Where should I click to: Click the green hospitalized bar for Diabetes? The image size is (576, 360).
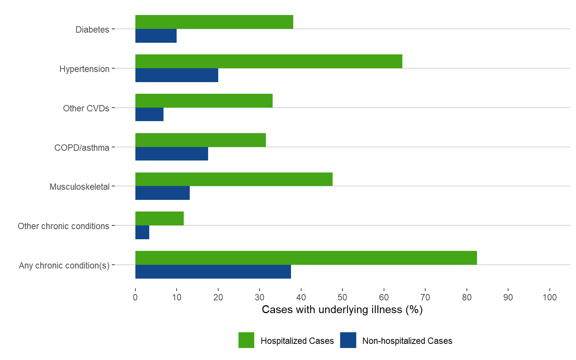(x=214, y=22)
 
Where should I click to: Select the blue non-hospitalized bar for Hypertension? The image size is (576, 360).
(x=177, y=75)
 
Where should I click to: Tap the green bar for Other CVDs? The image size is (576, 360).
(x=204, y=101)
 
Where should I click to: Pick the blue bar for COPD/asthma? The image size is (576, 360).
(x=172, y=154)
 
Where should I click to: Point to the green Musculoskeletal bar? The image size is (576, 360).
(x=234, y=179)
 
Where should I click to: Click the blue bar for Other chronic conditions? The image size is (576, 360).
(x=142, y=232)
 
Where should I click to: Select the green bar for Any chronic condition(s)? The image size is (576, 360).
(x=306, y=258)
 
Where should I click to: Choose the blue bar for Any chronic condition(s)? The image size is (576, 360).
(x=213, y=272)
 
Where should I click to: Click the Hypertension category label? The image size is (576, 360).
(x=84, y=69)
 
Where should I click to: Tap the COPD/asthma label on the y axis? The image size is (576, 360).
(x=82, y=148)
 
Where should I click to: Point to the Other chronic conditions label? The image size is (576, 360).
(x=63, y=226)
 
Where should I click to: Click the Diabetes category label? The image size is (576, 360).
(x=92, y=30)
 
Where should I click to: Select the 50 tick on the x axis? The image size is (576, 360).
(x=342, y=297)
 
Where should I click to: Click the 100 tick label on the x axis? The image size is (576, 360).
(x=549, y=297)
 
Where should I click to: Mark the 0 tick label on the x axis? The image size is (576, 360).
(x=135, y=297)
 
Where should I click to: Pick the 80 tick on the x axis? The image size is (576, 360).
(x=466, y=297)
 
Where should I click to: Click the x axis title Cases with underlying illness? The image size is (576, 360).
(x=342, y=310)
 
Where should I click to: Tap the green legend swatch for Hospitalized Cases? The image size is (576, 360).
(x=246, y=340)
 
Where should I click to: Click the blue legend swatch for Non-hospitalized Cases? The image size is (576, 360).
(x=348, y=340)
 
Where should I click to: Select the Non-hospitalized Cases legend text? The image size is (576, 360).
(x=407, y=341)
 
